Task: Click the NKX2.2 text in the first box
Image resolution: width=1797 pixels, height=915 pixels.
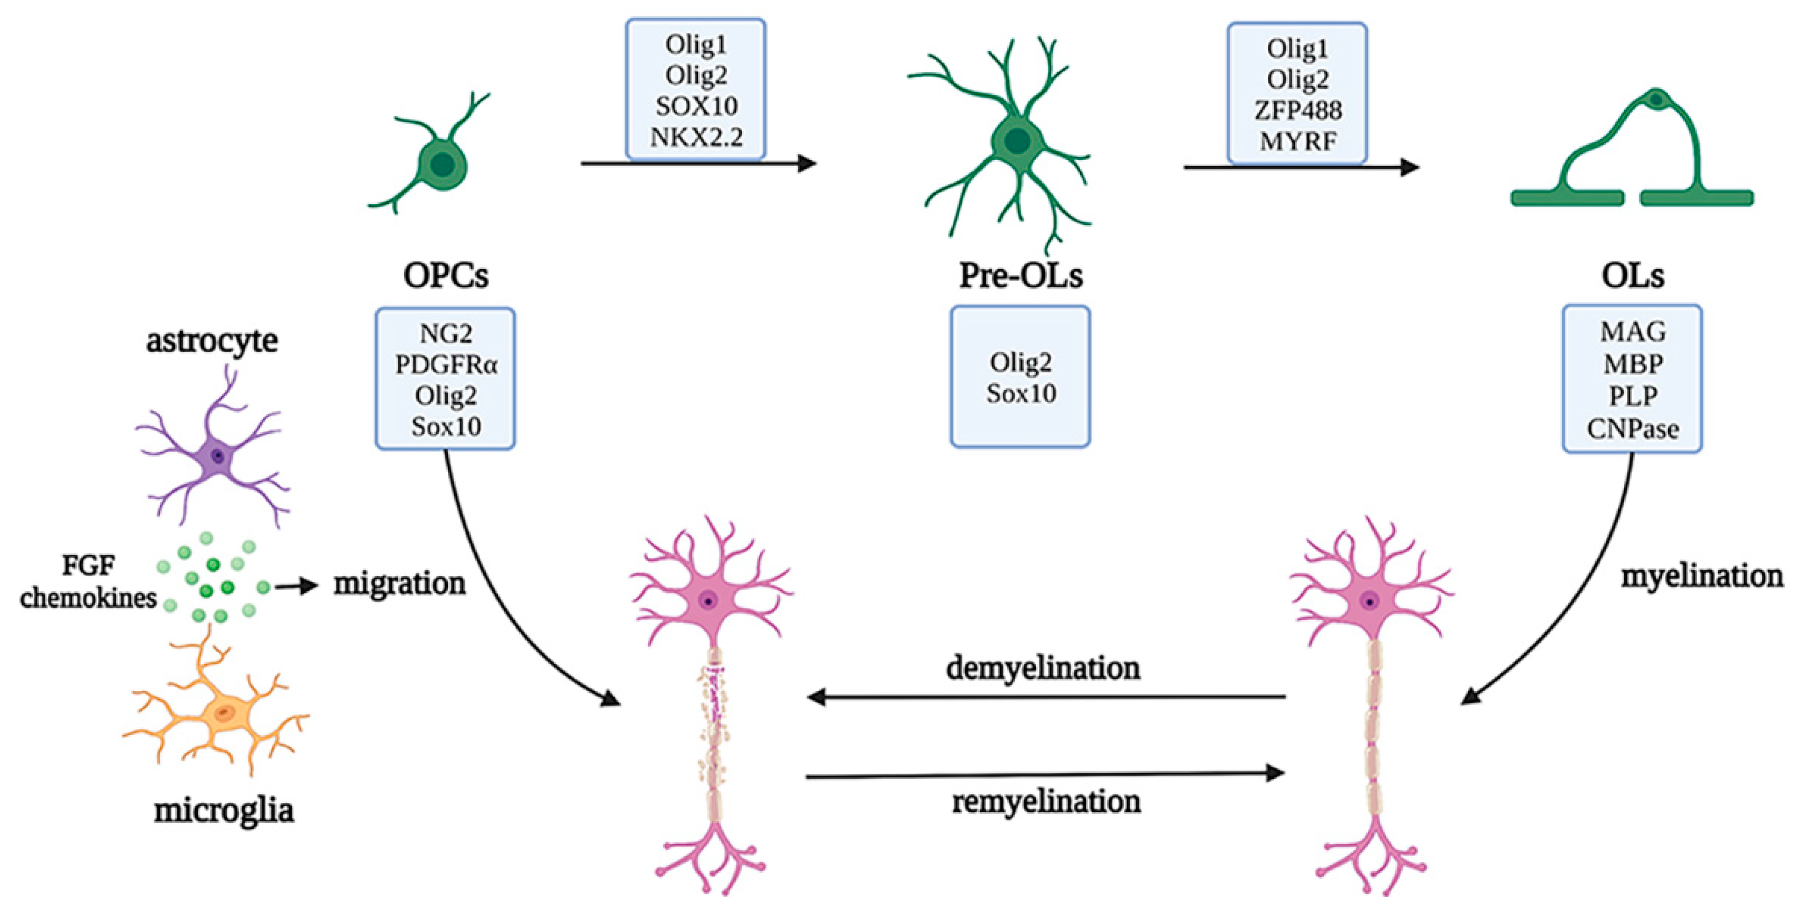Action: (x=696, y=137)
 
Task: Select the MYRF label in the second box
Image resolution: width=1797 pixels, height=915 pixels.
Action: (x=1297, y=141)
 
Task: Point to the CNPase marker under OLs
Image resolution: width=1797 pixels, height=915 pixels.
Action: (x=1632, y=428)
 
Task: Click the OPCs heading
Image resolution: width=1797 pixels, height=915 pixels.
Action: (x=446, y=276)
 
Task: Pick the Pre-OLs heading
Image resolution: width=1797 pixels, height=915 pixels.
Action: (x=1021, y=276)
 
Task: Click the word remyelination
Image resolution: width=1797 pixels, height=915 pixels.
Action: (x=1047, y=801)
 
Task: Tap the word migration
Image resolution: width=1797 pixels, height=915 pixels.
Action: (x=399, y=583)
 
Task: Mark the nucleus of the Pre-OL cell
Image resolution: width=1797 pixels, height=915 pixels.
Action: (x=1017, y=141)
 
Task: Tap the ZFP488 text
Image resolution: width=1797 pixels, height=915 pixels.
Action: (x=1297, y=110)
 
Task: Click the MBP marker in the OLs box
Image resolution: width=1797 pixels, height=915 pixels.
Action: (x=1632, y=364)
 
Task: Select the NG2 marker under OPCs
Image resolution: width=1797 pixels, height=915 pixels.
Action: (x=446, y=333)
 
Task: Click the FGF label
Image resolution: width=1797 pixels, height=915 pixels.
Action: (x=88, y=565)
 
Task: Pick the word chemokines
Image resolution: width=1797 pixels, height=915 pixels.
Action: (x=88, y=598)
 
